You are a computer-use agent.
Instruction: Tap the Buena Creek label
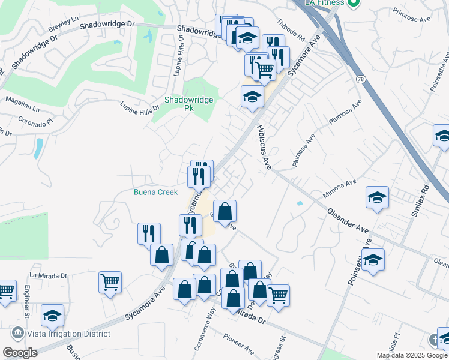click(155, 192)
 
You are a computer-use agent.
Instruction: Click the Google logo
click(20, 353)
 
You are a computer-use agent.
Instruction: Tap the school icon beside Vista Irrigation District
click(53, 314)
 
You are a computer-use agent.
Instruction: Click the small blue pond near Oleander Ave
click(299, 203)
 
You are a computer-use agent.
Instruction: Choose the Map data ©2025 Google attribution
click(411, 355)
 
